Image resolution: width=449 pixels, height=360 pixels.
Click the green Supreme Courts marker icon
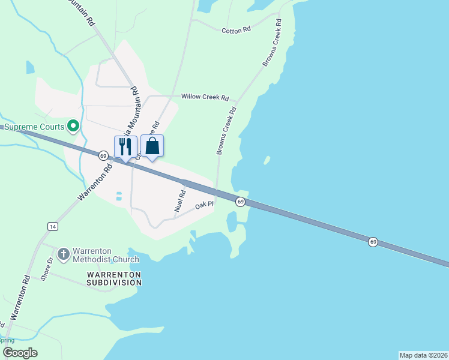coord(73,126)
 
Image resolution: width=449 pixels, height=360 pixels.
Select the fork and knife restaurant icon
coord(125,146)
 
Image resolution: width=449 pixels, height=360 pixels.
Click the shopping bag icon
coord(152,146)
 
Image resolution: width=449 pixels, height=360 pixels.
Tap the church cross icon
coord(63,254)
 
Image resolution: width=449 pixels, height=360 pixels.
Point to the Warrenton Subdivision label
coord(113,278)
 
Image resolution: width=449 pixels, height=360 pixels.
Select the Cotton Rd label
coord(235,31)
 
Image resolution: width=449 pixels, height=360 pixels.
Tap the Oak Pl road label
coord(205,206)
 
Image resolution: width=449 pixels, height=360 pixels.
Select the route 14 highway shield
coord(53,226)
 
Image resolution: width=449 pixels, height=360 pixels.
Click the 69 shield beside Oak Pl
coord(240,202)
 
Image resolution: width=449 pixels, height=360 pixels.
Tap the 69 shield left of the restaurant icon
coord(103,156)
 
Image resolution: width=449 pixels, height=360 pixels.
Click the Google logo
coord(20,353)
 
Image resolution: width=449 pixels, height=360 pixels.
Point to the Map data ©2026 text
coord(423,355)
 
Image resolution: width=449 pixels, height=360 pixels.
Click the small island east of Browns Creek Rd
coord(266,161)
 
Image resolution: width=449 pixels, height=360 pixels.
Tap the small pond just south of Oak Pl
coord(231,222)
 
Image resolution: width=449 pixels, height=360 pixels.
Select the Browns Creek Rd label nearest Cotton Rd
coord(272,43)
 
